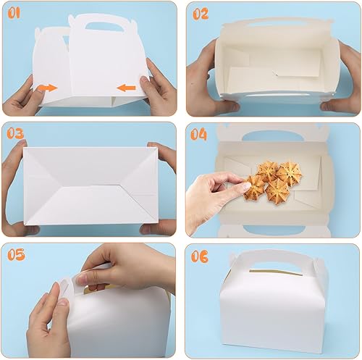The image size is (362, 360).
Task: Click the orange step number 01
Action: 14,13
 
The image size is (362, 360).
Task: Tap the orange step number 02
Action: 201,14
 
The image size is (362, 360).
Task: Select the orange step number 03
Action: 15,133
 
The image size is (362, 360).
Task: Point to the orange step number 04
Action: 198,134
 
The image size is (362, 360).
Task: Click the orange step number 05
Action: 16,254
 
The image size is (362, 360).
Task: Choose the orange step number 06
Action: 200,256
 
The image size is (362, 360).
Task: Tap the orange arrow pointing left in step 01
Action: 126,88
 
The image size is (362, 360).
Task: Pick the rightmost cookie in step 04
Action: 290,172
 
